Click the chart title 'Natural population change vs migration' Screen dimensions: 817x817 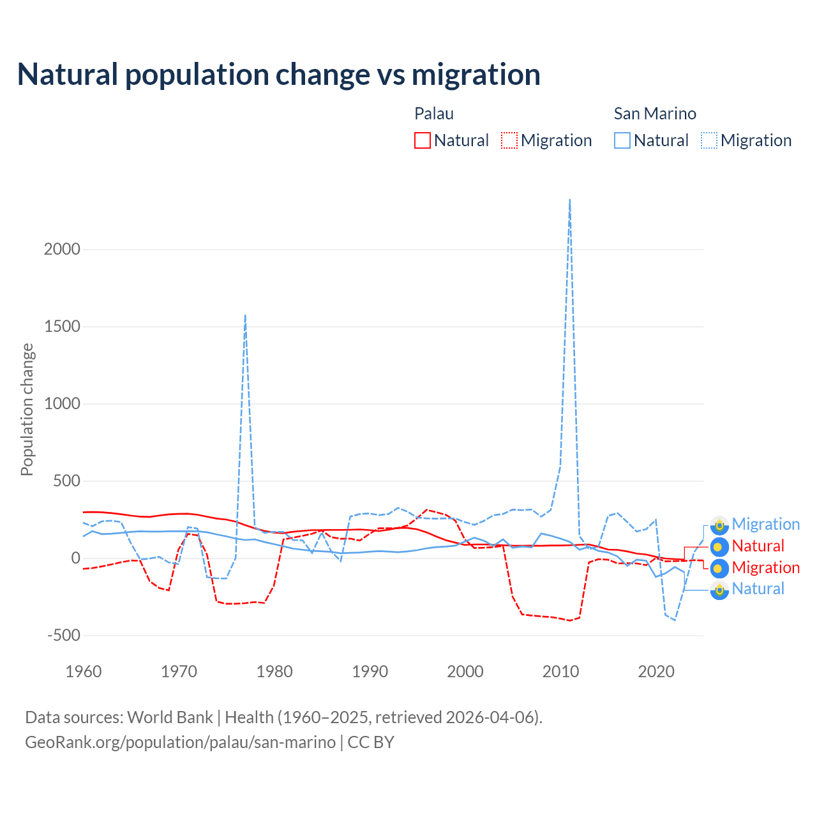278,75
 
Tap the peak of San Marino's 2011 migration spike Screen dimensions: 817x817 569,200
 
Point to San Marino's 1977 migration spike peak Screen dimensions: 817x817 245,315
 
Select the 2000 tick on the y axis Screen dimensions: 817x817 62,250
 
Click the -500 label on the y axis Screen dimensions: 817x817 64,636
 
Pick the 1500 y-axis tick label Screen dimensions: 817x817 62,327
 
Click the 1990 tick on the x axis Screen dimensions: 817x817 370,671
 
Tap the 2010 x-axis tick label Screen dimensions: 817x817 561,671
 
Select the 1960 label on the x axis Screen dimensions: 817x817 84,671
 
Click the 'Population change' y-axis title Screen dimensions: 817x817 27,409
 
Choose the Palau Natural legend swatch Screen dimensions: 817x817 423,140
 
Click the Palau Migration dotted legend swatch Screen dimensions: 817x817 509,140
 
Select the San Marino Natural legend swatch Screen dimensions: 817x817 622,140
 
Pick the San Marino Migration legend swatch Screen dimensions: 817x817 709,140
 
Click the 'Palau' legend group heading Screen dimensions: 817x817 434,114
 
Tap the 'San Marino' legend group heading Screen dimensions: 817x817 655,114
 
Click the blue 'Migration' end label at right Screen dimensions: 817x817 765,525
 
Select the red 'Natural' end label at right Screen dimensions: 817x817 758,546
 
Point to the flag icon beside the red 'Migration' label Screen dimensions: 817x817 719,568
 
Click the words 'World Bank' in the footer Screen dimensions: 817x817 170,717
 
